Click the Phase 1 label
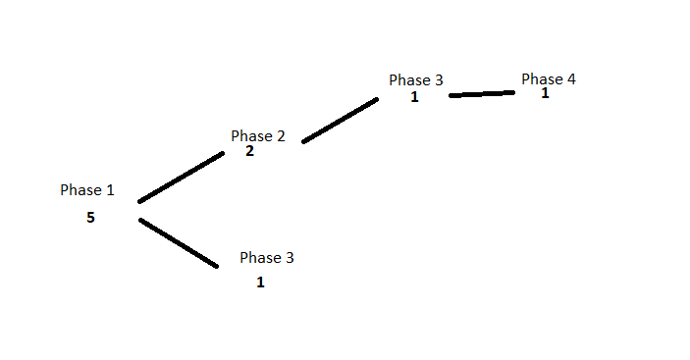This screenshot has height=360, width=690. (87, 190)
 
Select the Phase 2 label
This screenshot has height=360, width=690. (258, 135)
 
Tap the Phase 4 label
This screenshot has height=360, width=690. (549, 79)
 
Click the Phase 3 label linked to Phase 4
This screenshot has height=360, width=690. (416, 80)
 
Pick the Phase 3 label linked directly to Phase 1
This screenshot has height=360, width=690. (267, 258)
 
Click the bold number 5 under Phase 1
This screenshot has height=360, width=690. (90, 218)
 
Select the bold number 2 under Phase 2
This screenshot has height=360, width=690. (249, 151)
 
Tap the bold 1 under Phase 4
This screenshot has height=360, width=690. (545, 93)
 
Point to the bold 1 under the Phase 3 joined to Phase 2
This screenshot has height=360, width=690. (414, 97)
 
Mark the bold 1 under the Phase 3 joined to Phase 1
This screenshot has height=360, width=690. (260, 283)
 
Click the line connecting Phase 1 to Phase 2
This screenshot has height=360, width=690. (181, 178)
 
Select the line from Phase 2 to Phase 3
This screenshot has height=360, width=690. (341, 121)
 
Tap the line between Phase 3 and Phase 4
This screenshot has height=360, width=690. (482, 94)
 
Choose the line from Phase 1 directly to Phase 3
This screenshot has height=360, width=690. (179, 242)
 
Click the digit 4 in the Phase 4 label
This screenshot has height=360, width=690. (571, 79)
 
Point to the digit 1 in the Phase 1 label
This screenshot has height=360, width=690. (110, 190)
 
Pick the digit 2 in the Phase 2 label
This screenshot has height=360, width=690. (281, 135)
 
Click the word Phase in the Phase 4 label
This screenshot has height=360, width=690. (542, 79)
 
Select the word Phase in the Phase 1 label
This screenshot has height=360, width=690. (80, 190)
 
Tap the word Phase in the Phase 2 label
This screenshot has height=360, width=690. (251, 135)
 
